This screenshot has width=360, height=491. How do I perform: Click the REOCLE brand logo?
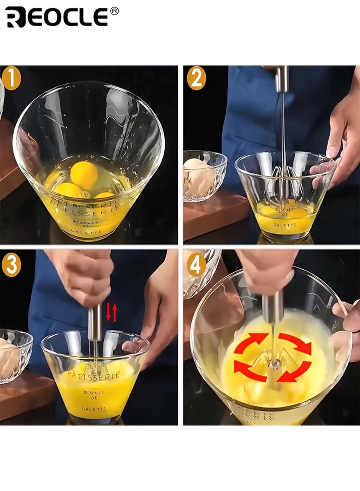[56, 17]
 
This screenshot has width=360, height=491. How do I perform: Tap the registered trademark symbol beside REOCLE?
[114, 11]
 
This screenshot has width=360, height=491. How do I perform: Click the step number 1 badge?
[11, 78]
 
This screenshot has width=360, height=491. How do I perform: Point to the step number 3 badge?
[11, 265]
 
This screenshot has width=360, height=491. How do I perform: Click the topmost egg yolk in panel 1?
[84, 175]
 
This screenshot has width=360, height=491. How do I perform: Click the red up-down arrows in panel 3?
[111, 312]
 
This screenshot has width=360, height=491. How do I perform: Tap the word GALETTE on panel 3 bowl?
[94, 409]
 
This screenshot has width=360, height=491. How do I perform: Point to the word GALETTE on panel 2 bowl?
[284, 224]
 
